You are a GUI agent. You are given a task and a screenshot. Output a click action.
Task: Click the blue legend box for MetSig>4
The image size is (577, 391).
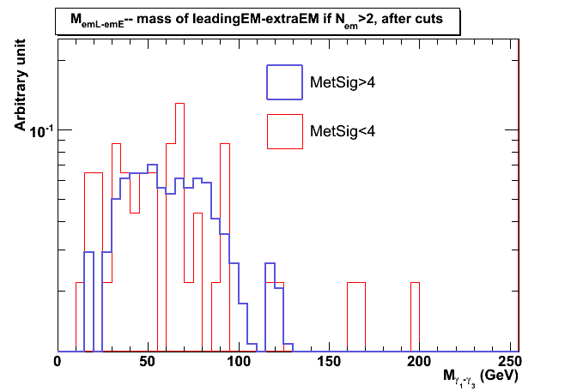coord(284,83)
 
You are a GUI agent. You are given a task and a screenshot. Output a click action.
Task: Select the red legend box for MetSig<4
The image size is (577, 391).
coord(284,131)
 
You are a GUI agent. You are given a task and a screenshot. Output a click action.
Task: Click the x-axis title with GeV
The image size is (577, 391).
coord(480,376)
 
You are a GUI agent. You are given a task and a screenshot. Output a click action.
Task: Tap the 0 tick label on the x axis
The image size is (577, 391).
coord(58,361)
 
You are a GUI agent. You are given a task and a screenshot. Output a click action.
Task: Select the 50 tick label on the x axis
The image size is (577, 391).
coord(148,361)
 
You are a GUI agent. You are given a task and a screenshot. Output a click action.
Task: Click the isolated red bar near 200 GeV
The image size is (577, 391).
coord(415,317)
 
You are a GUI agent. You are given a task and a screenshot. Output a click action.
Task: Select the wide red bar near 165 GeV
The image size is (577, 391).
coord(356,317)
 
